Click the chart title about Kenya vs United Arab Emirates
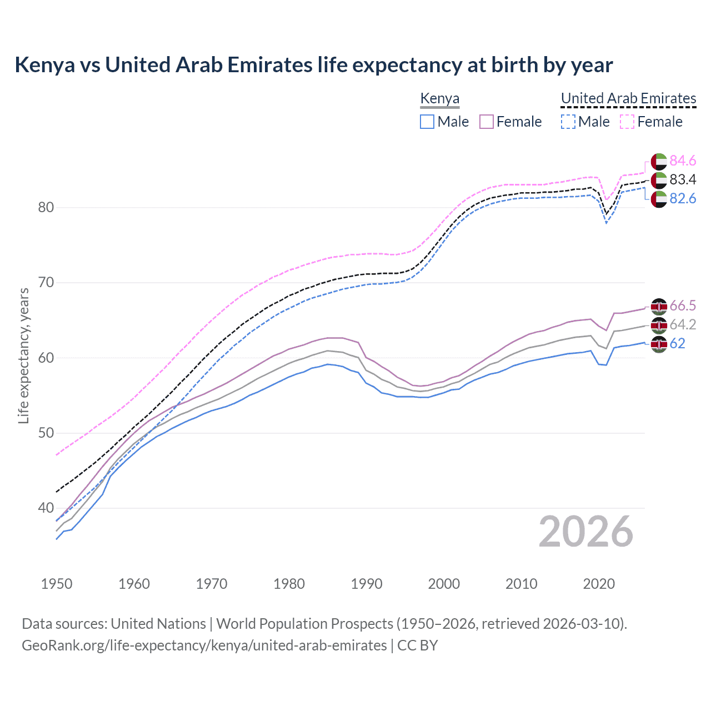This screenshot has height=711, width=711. tap(313, 65)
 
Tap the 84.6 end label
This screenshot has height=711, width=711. tap(683, 161)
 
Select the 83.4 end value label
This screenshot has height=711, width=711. tap(683, 179)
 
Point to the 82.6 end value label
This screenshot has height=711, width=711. tap(683, 198)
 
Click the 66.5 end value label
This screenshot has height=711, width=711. tap(683, 306)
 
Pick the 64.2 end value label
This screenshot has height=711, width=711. tap(683, 324)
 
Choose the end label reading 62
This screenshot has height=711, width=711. tap(677, 343)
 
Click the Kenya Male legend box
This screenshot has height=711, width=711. tap(427, 122)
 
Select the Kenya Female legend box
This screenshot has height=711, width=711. tap(487, 122)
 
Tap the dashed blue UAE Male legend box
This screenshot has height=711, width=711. tap(568, 122)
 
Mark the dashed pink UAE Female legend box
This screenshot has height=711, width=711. tap(627, 122)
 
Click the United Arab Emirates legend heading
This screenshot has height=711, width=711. tap(628, 98)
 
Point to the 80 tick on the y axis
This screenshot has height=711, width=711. tap(46, 207)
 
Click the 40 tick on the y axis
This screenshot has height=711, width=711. tap(46, 508)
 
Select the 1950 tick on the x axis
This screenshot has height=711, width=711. tap(57, 584)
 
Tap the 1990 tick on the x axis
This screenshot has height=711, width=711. tap(367, 584)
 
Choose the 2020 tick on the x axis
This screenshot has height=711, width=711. tap(599, 584)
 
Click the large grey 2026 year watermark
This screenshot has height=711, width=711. tap(585, 532)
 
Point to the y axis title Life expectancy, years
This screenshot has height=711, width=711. tap(23, 355)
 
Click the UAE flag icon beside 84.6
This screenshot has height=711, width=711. tap(659, 161)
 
